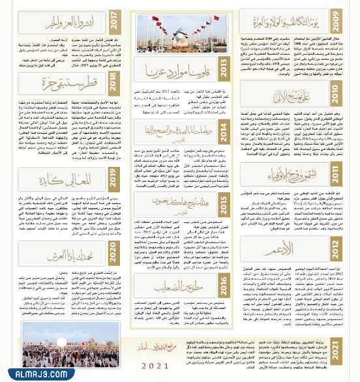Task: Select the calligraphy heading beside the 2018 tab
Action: [x=59, y=83]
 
